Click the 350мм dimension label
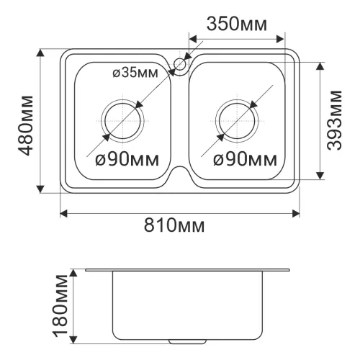[237, 24]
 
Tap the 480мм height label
[25, 125]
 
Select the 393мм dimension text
[335, 120]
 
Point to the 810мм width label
[174, 225]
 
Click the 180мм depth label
[60, 306]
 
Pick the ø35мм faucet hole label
[135, 73]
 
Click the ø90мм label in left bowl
[127, 160]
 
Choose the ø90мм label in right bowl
[245, 160]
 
